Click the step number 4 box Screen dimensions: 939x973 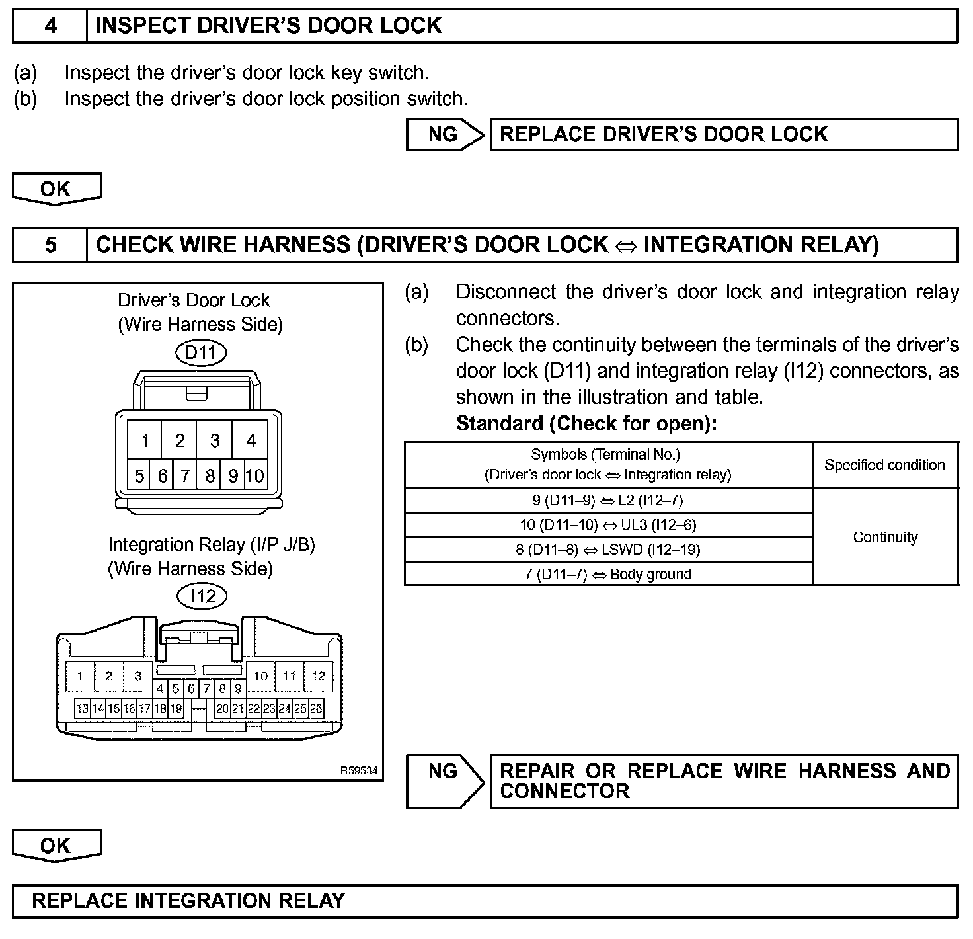[x=50, y=26]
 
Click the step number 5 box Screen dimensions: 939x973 [x=50, y=245]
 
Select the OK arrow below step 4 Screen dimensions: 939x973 [x=56, y=188]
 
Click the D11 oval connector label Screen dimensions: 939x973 [x=200, y=352]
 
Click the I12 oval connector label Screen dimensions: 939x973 [x=202, y=596]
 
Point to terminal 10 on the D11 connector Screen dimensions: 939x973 [x=255, y=475]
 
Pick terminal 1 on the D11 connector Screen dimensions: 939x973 [x=145, y=440]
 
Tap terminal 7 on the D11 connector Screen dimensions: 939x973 [x=185, y=475]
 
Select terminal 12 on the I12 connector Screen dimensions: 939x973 [x=319, y=676]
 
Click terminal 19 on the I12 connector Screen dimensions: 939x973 [x=176, y=709]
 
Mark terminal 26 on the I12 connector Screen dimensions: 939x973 [x=316, y=709]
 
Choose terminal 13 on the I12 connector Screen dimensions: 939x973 [x=82, y=709]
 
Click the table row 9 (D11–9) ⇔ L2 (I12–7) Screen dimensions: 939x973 [x=607, y=500]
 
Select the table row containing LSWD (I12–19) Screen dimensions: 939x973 [x=607, y=550]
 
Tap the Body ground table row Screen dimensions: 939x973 [x=607, y=574]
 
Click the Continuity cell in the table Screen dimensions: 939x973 [x=884, y=537]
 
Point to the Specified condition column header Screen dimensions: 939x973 [x=884, y=465]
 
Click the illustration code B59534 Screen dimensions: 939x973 [x=359, y=770]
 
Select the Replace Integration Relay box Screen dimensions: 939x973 [x=485, y=901]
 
